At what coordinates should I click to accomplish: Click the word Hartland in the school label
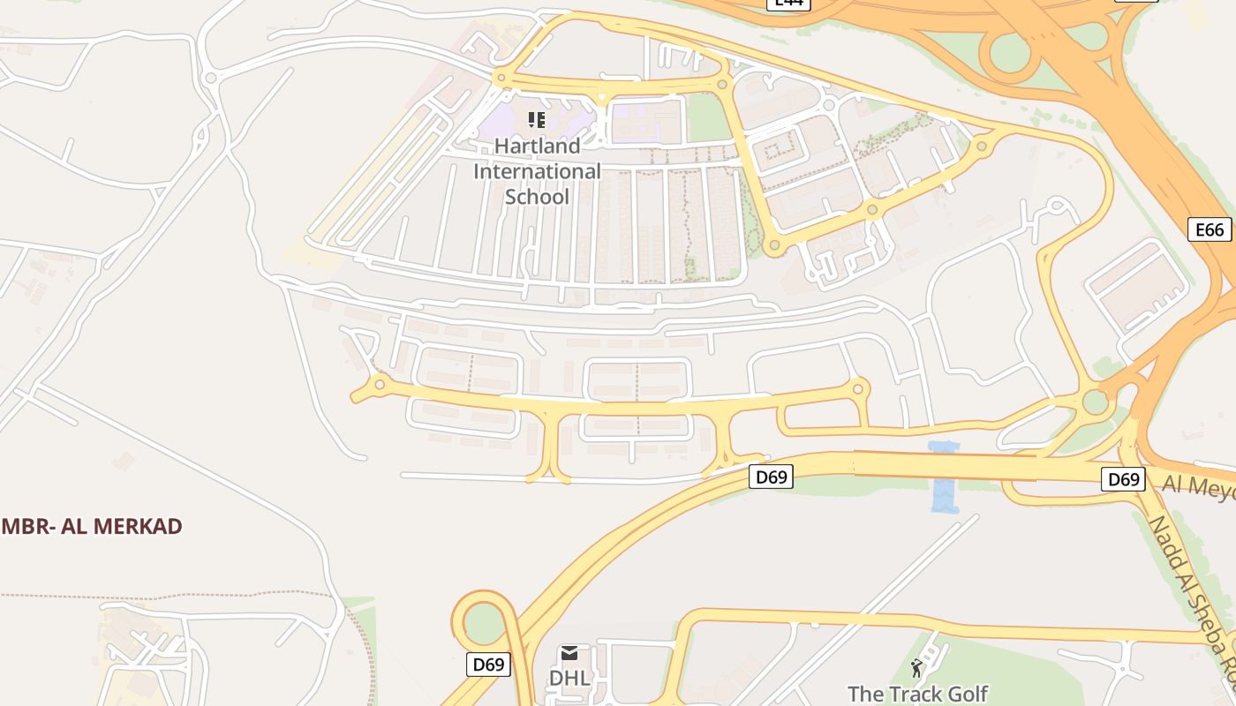click(x=537, y=146)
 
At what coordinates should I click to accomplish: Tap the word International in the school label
click(x=537, y=171)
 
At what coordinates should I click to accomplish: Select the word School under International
click(x=537, y=196)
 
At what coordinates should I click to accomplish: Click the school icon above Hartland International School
click(x=537, y=119)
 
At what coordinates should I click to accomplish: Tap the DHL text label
click(x=569, y=678)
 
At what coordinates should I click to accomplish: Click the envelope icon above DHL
click(x=569, y=653)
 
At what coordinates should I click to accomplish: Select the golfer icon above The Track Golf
click(x=916, y=667)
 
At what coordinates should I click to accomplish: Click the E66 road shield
click(x=1209, y=230)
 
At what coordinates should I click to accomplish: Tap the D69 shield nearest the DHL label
click(x=488, y=664)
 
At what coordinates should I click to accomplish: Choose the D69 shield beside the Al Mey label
click(x=1123, y=479)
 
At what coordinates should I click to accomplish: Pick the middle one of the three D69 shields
click(x=771, y=477)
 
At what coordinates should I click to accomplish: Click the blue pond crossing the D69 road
click(x=944, y=477)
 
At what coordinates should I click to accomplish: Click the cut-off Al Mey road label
click(x=1199, y=485)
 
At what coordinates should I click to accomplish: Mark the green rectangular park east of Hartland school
click(x=709, y=117)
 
